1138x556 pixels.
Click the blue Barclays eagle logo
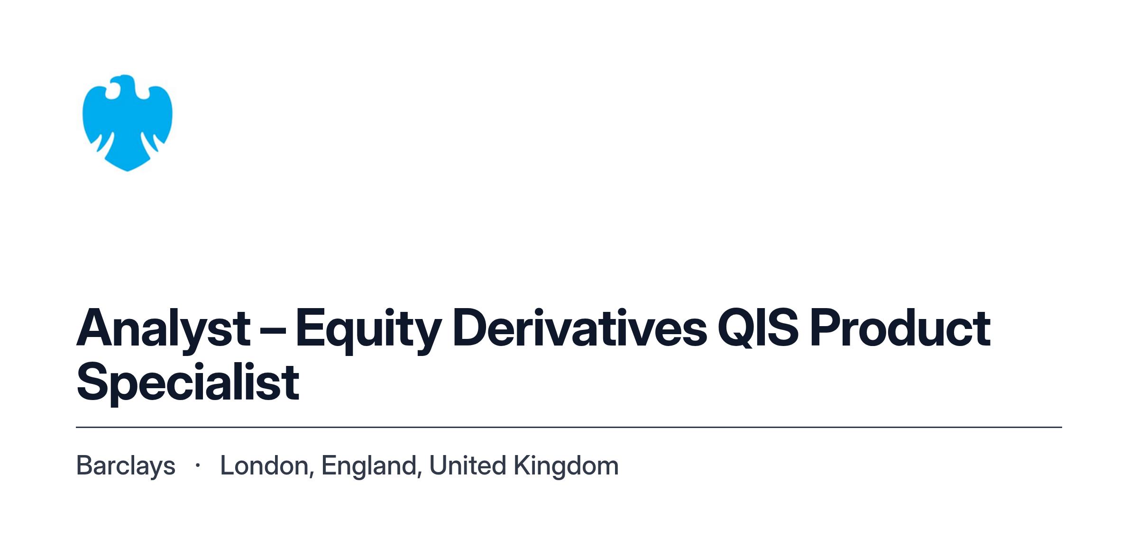point(127,123)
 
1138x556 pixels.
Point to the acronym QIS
point(758,328)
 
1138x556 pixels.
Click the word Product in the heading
point(900,328)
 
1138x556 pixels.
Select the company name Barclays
point(126,466)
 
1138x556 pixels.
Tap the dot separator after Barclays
point(198,466)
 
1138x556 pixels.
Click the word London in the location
point(264,465)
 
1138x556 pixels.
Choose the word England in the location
point(369,466)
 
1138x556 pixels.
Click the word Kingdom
point(567,466)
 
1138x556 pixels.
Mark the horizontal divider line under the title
point(569,427)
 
